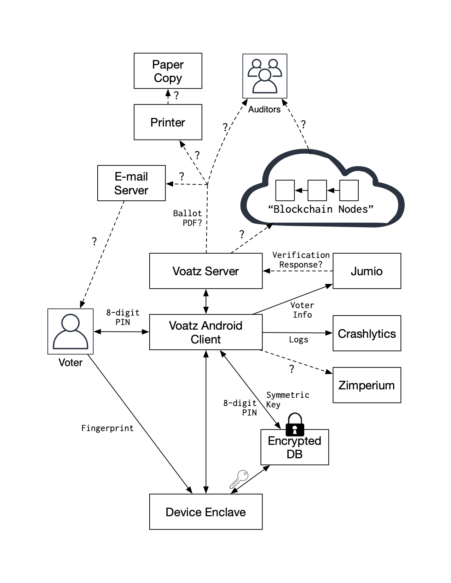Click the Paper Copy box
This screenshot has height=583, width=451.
[x=168, y=71]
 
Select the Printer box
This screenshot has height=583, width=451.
[x=168, y=122]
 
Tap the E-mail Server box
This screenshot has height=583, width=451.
[x=131, y=183]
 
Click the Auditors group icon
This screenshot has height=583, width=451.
[x=265, y=76]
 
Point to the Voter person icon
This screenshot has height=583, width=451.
[x=70, y=331]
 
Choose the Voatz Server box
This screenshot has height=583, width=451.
[x=206, y=271]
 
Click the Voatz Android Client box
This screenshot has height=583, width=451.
[x=206, y=332]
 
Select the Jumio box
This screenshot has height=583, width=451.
[x=366, y=271]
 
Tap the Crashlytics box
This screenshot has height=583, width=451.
[x=366, y=333]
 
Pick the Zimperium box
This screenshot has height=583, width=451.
[x=366, y=385]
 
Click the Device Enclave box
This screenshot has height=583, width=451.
[x=206, y=512]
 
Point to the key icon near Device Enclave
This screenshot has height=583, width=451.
[x=239, y=478]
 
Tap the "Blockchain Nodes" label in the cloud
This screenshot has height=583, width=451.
[x=320, y=209]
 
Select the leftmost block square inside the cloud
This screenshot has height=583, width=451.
[x=285, y=190]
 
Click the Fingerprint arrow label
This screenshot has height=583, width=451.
[x=107, y=428]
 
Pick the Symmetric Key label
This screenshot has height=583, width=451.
[x=287, y=400]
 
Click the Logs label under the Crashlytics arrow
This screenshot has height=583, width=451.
[x=299, y=340]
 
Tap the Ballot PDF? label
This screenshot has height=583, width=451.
[x=187, y=218]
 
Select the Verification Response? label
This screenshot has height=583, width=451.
[x=301, y=260]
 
